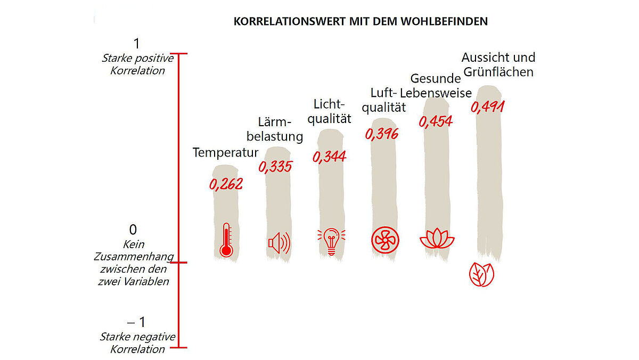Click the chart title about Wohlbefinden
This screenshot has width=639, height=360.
pyautogui.click(x=361, y=22)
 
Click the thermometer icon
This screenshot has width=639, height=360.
pyautogui.click(x=226, y=241)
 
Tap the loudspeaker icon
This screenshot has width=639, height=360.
pyautogui.click(x=279, y=244)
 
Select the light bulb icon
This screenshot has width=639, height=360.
pyautogui.click(x=331, y=241)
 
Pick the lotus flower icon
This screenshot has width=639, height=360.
pyautogui.click(x=437, y=239)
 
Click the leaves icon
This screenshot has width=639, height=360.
pyautogui.click(x=481, y=274)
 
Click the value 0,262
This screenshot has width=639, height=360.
pyautogui.click(x=226, y=184)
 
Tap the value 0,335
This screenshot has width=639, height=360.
pyautogui.click(x=275, y=167)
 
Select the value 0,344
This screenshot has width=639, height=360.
pyautogui.click(x=329, y=157)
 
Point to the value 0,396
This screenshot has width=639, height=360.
pyautogui.click(x=382, y=134)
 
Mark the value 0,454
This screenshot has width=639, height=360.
pyautogui.click(x=436, y=121)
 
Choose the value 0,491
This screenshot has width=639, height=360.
pyautogui.click(x=488, y=107)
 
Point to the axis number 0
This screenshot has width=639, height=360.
pyautogui.click(x=133, y=230)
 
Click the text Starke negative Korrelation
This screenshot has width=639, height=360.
pyautogui.click(x=137, y=343)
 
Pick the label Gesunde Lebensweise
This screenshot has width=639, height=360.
pyautogui.click(x=436, y=86)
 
